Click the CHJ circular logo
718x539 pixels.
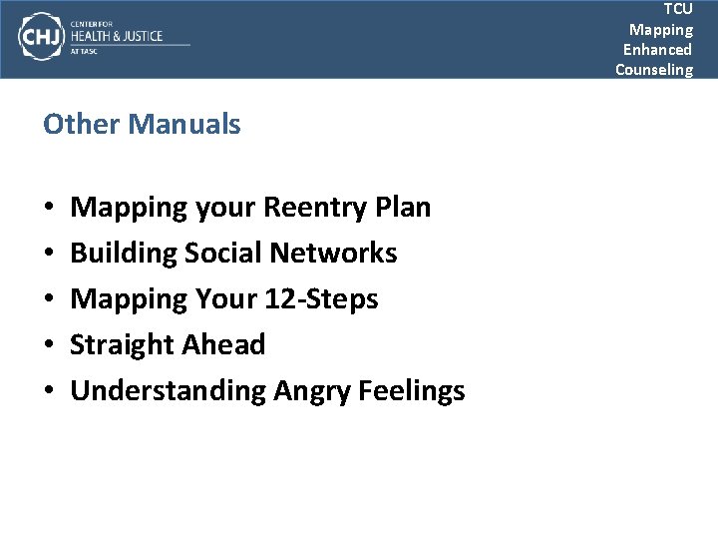40,37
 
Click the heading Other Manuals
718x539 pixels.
142,125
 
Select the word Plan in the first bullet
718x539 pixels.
404,208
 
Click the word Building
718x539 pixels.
124,254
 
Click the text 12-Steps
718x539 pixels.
321,299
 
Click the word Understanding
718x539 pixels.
168,391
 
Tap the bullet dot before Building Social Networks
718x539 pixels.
50,255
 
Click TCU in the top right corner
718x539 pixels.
677,9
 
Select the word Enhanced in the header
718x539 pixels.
657,49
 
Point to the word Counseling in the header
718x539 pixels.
653,69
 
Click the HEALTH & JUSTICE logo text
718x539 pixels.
116,37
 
